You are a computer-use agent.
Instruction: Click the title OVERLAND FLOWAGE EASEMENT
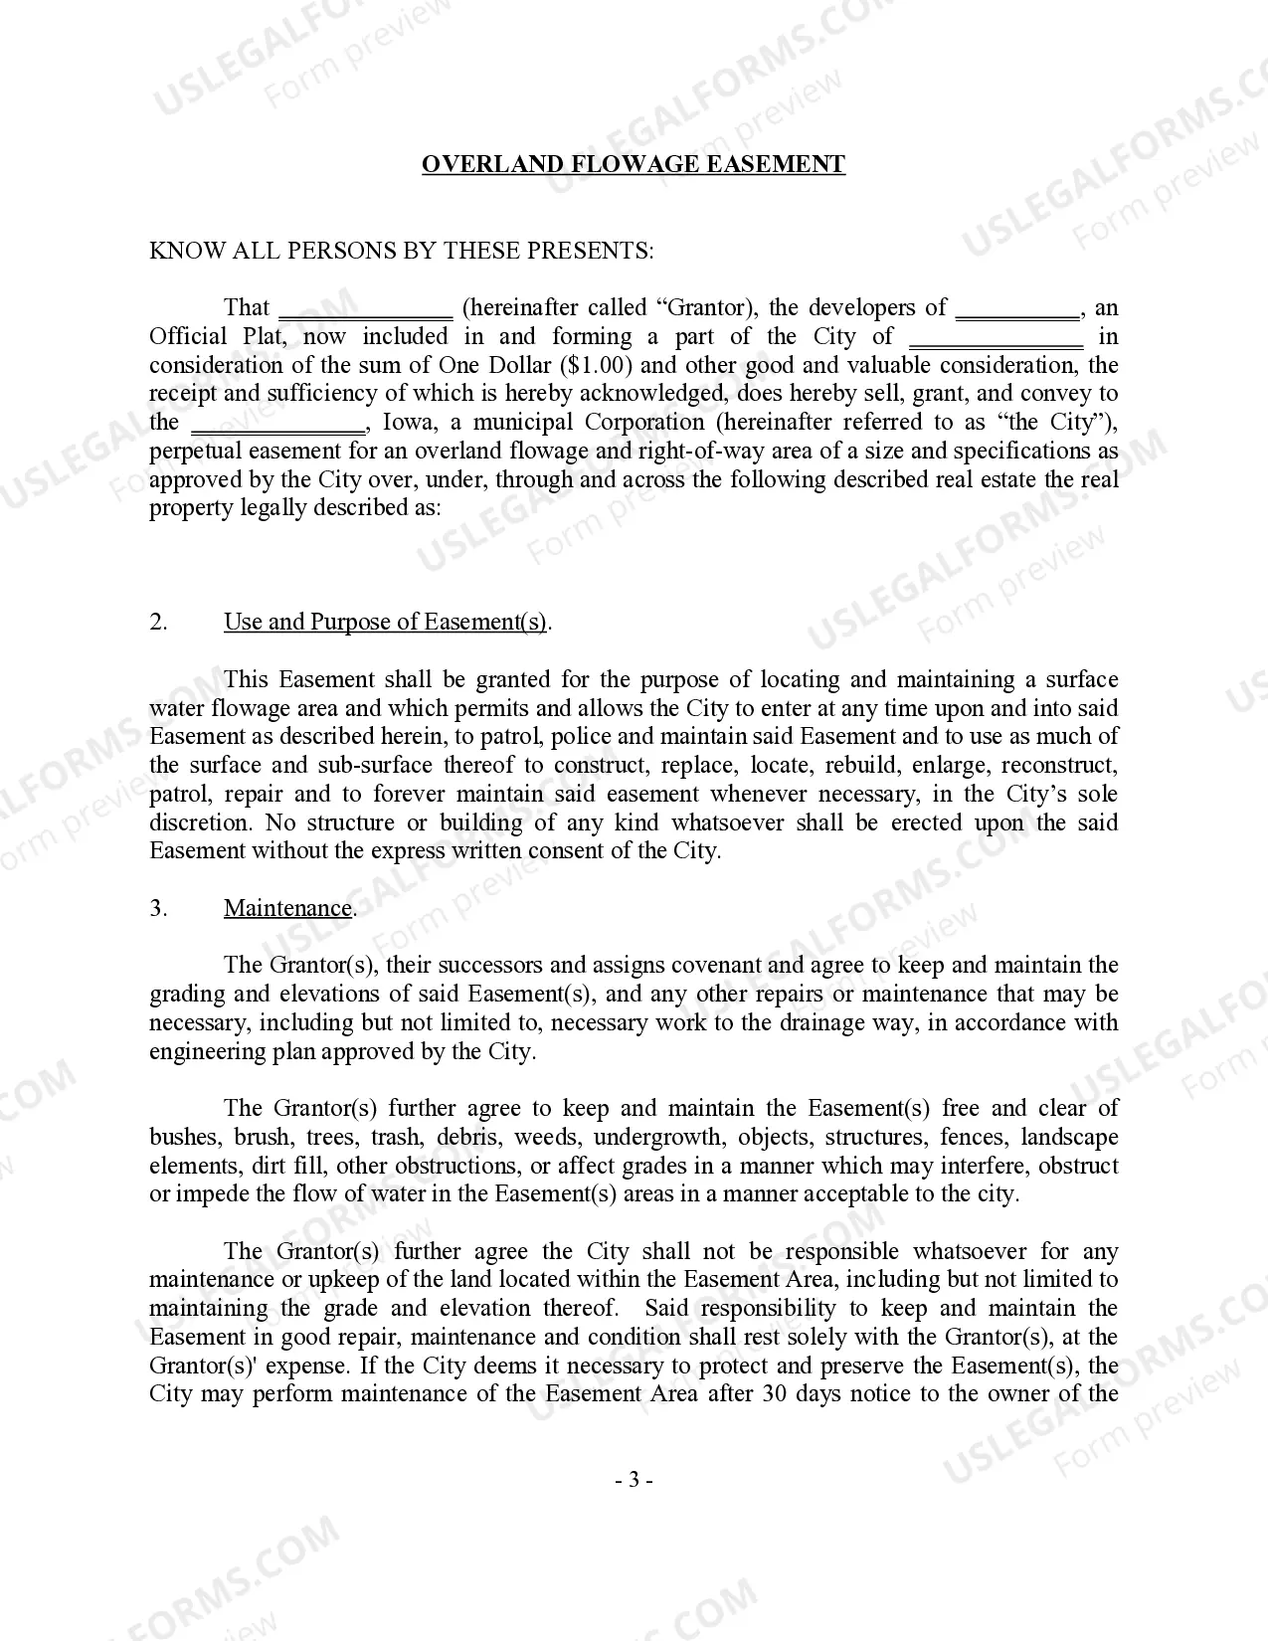[x=634, y=164]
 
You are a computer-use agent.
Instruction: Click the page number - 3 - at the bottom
[x=634, y=1480]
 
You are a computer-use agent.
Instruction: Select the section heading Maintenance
[x=288, y=908]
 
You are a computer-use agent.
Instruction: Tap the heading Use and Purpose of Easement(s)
[x=386, y=623]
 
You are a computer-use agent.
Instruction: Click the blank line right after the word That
[x=365, y=310]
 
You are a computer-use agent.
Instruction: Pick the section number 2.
[x=159, y=623]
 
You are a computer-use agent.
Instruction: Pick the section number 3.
[x=159, y=908]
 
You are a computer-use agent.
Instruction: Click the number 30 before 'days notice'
[x=776, y=1394]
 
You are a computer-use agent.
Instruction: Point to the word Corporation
[x=644, y=423]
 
